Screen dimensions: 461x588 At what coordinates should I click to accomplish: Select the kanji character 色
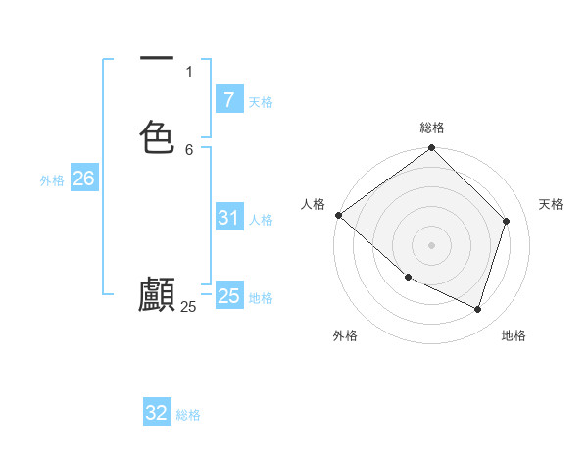click(157, 135)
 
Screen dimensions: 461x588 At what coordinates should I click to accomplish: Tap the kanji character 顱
click(157, 295)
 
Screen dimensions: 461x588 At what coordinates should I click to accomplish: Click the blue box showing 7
click(228, 99)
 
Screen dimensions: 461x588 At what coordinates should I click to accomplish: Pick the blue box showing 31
click(228, 218)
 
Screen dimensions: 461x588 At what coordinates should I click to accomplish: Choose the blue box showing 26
click(83, 179)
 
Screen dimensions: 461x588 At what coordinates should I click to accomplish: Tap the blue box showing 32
click(157, 413)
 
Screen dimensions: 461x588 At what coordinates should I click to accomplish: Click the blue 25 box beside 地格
click(228, 296)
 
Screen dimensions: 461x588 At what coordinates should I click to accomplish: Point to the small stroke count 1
click(189, 71)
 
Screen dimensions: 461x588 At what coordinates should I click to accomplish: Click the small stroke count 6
click(189, 150)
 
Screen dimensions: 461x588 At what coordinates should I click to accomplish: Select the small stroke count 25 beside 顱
click(188, 307)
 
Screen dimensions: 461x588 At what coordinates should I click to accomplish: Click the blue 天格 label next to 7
click(261, 101)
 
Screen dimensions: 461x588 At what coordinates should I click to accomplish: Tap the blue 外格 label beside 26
click(52, 180)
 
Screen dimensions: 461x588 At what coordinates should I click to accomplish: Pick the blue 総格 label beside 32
click(188, 415)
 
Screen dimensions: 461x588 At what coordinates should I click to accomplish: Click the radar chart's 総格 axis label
click(432, 128)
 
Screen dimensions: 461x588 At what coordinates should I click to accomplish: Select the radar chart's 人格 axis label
click(314, 203)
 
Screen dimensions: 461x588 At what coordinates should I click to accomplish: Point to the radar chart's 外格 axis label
click(345, 335)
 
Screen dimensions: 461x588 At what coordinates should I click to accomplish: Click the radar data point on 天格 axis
click(507, 221)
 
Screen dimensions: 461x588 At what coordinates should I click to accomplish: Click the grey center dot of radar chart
click(432, 244)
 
